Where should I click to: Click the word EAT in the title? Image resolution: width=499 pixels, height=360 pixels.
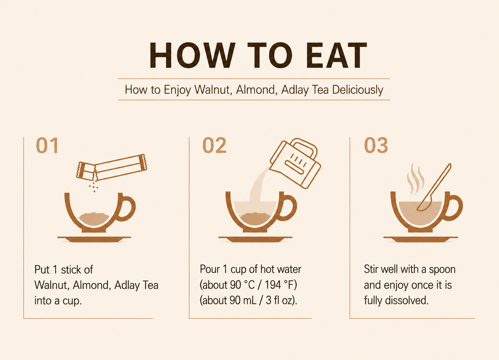point(336,55)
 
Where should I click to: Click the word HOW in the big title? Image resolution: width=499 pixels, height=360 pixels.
point(192,55)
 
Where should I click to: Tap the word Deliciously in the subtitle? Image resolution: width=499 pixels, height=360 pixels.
point(357,90)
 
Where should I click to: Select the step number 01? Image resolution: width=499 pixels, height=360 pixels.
point(47,146)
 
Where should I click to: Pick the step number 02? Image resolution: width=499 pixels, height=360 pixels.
point(214,146)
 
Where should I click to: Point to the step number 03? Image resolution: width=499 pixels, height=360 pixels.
point(376,146)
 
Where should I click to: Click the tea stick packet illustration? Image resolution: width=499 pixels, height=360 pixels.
point(111,167)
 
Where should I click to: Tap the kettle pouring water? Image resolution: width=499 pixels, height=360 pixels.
point(295,163)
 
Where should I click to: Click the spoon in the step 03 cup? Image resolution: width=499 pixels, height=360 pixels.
point(434,187)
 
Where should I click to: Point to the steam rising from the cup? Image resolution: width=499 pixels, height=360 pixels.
point(416,179)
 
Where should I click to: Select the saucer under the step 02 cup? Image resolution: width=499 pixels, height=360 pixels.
point(255,239)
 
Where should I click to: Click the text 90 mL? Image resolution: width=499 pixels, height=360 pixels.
point(243,301)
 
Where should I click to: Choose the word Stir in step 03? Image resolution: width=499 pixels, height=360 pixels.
point(371,269)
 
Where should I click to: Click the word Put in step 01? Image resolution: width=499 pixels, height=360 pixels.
point(42,269)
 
